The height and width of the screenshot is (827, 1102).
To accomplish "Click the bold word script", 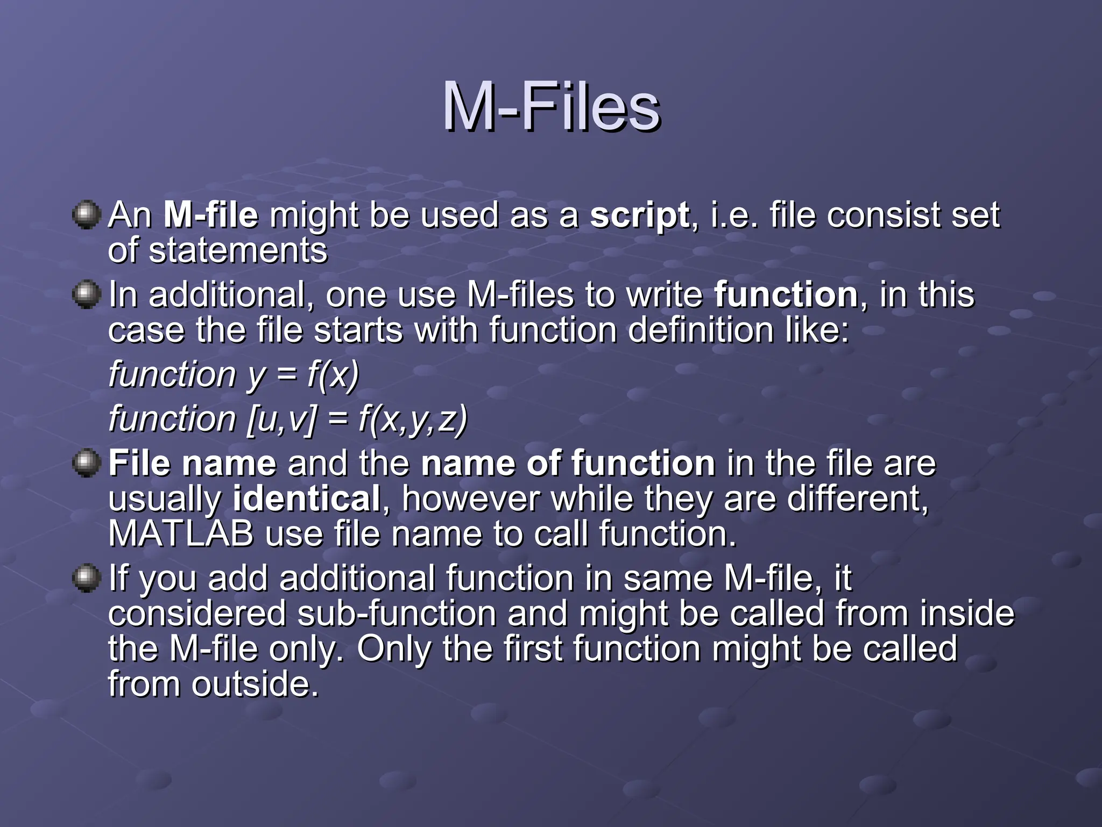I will point(639,215).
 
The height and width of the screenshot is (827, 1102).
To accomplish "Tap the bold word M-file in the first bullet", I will point(210,215).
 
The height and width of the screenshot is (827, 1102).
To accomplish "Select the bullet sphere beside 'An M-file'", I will point(87,215).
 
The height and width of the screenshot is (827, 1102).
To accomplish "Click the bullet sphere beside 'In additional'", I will point(87,295).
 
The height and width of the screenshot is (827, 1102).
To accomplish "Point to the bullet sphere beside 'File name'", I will point(87,463).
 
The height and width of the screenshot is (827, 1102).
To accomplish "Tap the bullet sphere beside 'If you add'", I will point(87,578).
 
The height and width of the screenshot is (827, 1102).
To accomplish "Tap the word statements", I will point(237,250).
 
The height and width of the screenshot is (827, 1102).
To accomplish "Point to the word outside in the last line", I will point(255,684).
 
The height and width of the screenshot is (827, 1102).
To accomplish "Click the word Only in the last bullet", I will point(394,649).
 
